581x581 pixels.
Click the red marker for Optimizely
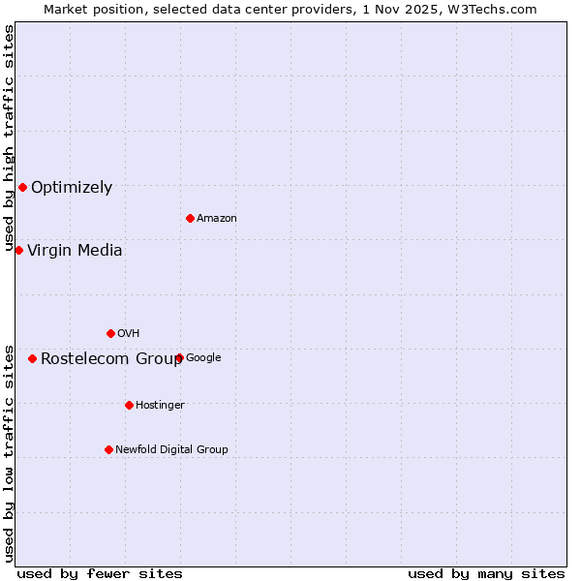pos(22,187)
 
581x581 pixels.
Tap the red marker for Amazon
pos(190,218)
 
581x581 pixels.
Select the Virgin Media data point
pos(18,250)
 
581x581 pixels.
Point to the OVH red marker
pos(110,333)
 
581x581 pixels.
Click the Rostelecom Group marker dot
pos(32,358)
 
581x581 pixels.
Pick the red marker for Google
pos(179,357)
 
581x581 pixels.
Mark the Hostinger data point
pos(129,405)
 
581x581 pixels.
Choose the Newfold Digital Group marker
pos(108,449)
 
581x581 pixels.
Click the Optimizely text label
pos(72,188)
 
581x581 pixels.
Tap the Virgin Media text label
pos(75,251)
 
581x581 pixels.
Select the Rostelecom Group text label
pos(111,359)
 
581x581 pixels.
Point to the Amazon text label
pos(217,219)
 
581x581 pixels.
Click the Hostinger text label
pos(160,406)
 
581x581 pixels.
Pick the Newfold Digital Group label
pos(171,450)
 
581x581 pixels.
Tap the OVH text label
pos(129,334)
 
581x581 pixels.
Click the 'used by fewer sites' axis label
pos(100,574)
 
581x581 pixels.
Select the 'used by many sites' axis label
pos(486,574)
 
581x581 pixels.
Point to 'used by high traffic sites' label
pos(9,138)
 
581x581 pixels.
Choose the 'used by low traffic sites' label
pos(9,452)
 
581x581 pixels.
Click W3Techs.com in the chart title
pos(497,9)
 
